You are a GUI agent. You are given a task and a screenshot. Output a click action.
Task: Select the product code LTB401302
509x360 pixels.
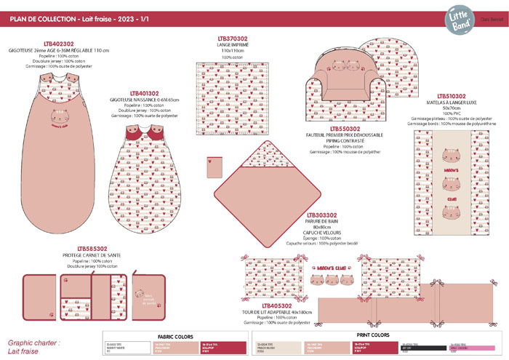(x=145, y=94)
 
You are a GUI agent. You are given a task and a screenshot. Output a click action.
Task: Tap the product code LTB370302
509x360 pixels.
(x=232, y=38)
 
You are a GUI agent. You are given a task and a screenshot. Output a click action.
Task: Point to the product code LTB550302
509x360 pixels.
(x=335, y=129)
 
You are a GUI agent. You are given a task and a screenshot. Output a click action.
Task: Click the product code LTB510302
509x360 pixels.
(x=452, y=96)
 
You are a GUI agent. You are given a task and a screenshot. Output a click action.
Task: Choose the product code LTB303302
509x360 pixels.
(x=322, y=215)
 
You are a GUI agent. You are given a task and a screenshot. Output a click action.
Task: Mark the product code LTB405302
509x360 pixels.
(x=276, y=305)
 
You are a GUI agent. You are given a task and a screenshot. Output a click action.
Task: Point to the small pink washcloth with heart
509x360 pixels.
(x=211, y=167)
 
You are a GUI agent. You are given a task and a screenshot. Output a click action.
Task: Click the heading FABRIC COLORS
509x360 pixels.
(x=175, y=336)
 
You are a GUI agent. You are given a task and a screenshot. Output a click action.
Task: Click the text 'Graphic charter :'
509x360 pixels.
(x=33, y=342)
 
